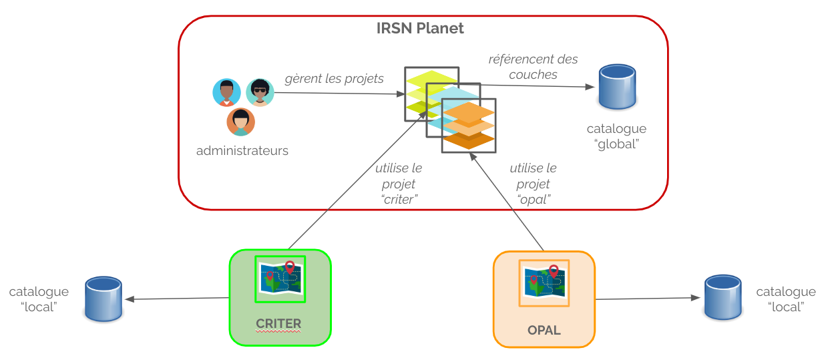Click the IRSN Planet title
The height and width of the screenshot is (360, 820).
pos(420,29)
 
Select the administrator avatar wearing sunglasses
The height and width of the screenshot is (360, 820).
pos(260,92)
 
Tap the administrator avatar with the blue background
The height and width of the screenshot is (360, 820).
pos(226,92)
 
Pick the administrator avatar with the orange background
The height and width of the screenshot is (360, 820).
pos(240,122)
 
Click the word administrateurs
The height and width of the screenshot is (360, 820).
pos(242,150)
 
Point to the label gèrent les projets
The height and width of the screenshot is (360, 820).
pos(334,79)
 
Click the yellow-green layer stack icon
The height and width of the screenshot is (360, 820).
pos(421,90)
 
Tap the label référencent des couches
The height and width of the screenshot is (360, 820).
pos(533,67)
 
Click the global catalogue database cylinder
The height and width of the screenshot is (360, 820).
pos(616,87)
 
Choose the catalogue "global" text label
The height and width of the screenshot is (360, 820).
pos(616,136)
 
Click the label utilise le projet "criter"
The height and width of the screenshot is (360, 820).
pos(399,183)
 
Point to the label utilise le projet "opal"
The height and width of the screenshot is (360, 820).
pos(533,184)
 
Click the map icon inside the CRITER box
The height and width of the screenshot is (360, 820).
pos(280,278)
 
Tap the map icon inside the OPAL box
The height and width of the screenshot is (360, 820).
pos(544,283)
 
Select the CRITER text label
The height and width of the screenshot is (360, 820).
pos(278,324)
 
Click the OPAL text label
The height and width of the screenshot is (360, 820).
pos(544,331)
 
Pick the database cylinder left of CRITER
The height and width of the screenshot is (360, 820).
pos(104,299)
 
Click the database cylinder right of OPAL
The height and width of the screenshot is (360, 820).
pos(723,298)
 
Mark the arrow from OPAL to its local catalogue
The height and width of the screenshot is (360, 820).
pos(648,299)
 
